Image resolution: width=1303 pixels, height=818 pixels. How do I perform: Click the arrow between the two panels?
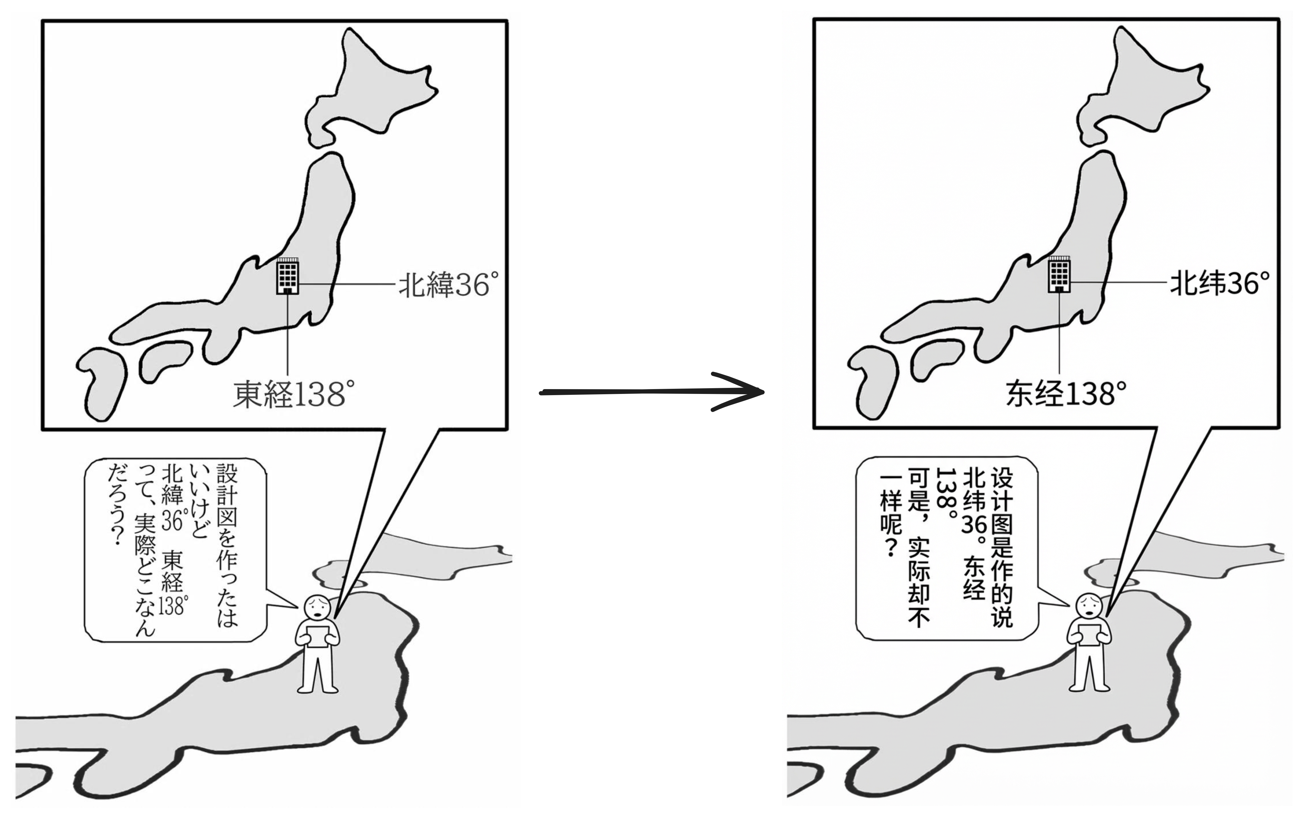click(x=652, y=392)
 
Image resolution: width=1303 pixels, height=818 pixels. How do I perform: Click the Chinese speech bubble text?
click(x=946, y=546)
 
